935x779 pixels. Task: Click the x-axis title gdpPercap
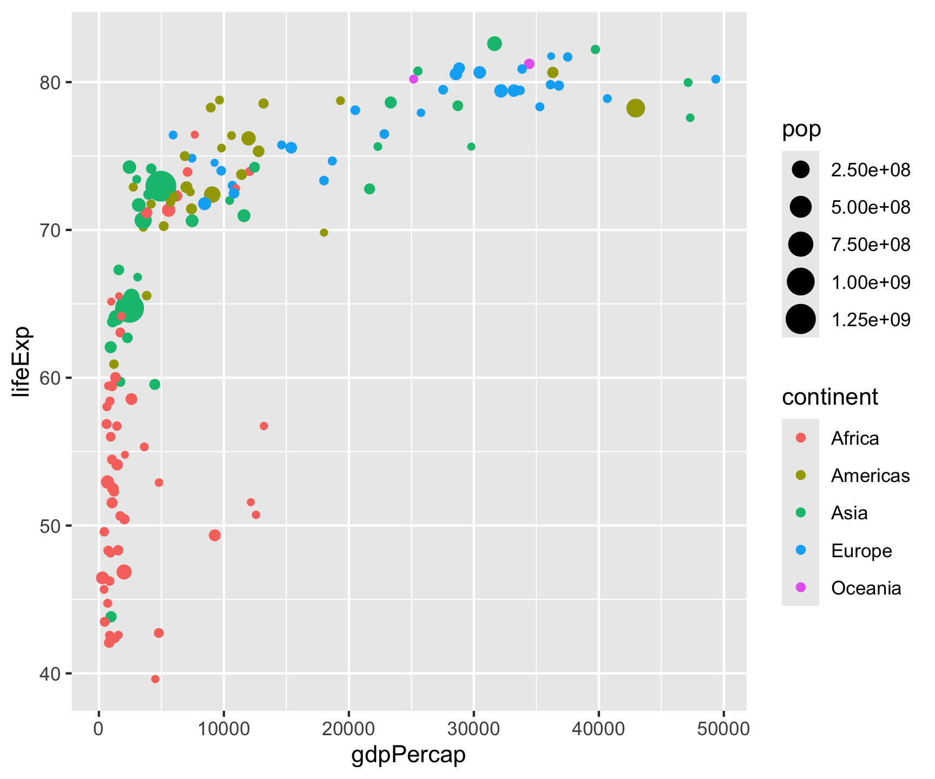[x=409, y=755]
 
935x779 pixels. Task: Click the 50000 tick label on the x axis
[x=723, y=729]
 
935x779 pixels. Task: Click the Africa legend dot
[x=800, y=438]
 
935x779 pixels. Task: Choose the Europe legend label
[x=861, y=551]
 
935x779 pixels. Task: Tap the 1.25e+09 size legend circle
[x=800, y=319]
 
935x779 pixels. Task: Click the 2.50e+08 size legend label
[x=871, y=170]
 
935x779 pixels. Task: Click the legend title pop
[x=801, y=129]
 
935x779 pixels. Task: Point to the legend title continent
[x=829, y=397]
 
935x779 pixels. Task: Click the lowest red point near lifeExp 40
[x=155, y=679]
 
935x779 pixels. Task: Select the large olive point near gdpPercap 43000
[x=636, y=108]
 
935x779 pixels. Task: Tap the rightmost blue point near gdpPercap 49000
[x=716, y=79]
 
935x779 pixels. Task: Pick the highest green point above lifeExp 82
[x=494, y=44]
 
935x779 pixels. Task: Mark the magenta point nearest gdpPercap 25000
[x=414, y=79]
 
